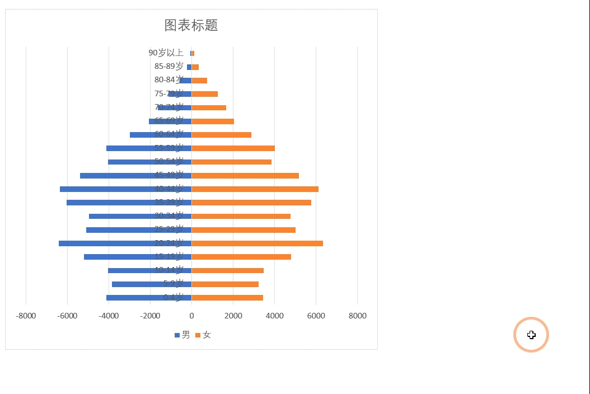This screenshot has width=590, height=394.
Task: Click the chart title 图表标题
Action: point(191,25)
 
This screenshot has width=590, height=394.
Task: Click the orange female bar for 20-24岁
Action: point(257,243)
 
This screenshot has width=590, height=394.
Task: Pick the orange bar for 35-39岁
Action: point(252,203)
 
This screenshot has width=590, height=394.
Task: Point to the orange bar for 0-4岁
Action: point(227,298)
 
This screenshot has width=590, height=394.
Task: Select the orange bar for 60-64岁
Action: point(222,135)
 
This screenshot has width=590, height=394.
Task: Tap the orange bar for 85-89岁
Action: point(195,67)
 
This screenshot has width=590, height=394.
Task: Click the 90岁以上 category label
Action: point(166,53)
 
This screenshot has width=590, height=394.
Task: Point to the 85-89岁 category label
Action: point(168,67)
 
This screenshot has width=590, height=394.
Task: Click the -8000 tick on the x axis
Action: point(26,316)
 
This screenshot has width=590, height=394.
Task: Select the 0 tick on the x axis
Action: point(191,316)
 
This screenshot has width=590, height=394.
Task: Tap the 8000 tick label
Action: point(357,316)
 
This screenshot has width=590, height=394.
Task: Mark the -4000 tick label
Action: point(109,316)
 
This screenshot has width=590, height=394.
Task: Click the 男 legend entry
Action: point(182,335)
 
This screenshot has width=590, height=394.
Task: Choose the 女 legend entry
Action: point(203,335)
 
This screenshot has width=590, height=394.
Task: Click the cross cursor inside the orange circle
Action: point(531,335)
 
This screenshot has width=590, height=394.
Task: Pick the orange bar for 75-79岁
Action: point(205,94)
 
